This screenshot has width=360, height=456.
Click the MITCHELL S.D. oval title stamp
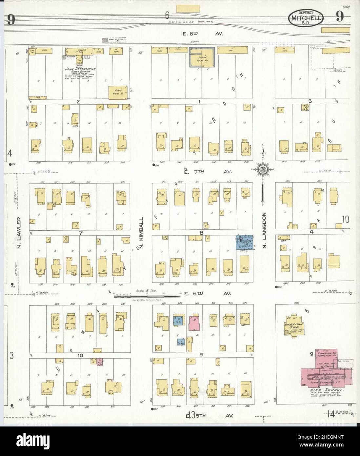(x=306, y=19)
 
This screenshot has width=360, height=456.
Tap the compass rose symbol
(x=263, y=169)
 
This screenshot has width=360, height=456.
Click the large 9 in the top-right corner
(x=339, y=17)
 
